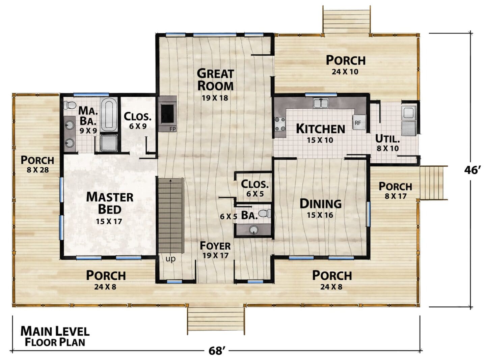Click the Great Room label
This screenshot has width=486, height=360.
pyautogui.click(x=215, y=80)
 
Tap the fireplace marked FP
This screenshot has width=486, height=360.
pyautogui.click(x=167, y=114)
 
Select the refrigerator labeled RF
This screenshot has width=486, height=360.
pyautogui.click(x=359, y=122)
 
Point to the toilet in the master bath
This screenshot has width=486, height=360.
pyautogui.click(x=70, y=105)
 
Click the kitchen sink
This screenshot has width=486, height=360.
pyautogui.click(x=321, y=103)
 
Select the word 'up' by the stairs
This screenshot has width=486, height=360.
pyautogui.click(x=170, y=259)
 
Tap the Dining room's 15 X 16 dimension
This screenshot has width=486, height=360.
pyautogui.click(x=320, y=215)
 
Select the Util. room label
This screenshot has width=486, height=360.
pyautogui.click(x=387, y=139)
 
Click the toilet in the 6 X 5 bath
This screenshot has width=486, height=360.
pyautogui.click(x=265, y=213)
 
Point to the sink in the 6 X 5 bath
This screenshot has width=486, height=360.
pyautogui.click(x=254, y=230)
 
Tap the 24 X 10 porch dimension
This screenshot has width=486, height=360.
pyautogui.click(x=345, y=72)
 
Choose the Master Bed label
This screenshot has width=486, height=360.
pyautogui.click(x=110, y=203)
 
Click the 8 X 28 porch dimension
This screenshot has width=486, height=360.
pyautogui.click(x=38, y=170)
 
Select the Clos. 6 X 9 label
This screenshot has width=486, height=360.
pyautogui.click(x=138, y=120)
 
